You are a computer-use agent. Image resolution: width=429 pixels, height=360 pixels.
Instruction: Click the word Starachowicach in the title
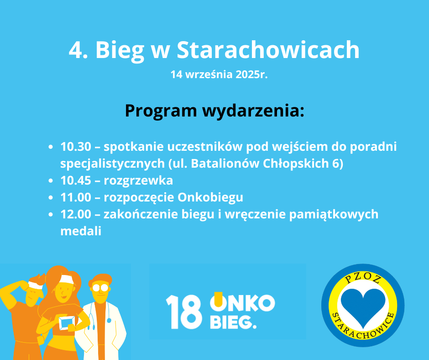pos(268,50)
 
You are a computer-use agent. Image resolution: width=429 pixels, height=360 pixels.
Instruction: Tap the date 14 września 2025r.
pos(219,74)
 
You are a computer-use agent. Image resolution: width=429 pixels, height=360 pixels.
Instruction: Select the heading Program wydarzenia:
pos(214,111)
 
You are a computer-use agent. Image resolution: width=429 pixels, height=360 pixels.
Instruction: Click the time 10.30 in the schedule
pos(75,147)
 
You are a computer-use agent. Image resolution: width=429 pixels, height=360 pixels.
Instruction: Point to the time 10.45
pos(75,180)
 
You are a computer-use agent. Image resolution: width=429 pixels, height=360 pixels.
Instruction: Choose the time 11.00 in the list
pos(75,197)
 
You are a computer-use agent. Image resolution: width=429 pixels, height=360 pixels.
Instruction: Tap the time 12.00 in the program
pos(75,214)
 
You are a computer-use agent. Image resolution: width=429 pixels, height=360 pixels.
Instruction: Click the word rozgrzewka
pos(138,181)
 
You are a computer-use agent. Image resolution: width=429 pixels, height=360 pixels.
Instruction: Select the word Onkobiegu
pos(210,198)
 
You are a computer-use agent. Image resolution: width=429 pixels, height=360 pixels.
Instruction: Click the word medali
pos(81,231)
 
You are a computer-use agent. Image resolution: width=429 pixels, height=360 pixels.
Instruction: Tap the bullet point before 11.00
pos(50,197)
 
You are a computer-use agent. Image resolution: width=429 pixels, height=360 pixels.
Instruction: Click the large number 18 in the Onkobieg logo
pos(184,312)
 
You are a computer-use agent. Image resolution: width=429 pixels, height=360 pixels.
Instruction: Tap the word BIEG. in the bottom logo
pos(233,322)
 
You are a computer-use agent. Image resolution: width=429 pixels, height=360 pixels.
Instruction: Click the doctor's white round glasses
pos(100,287)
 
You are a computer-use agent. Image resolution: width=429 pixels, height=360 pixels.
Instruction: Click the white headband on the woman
pos(67,280)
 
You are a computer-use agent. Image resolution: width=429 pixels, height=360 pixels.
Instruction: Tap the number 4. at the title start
pos(78,50)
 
